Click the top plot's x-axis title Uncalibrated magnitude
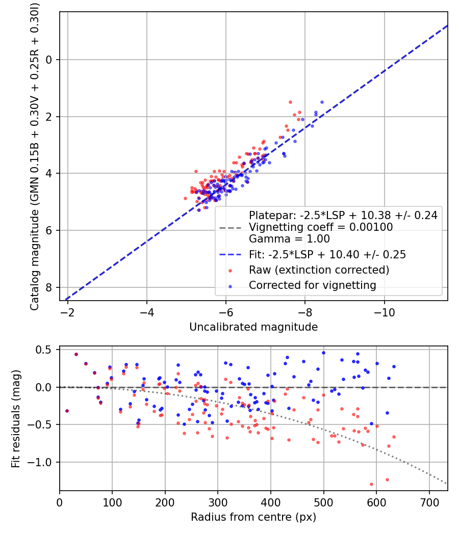253,327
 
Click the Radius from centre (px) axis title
253,517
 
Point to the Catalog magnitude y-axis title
35,155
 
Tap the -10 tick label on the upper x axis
384,311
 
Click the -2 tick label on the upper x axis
67,311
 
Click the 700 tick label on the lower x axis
429,501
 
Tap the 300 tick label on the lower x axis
218,501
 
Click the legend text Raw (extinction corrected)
319,270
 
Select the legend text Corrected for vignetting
312,285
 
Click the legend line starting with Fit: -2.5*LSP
327,254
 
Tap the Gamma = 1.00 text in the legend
289,239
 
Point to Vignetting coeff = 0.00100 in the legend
321,227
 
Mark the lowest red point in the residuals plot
371,484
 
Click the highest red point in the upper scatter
290,102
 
